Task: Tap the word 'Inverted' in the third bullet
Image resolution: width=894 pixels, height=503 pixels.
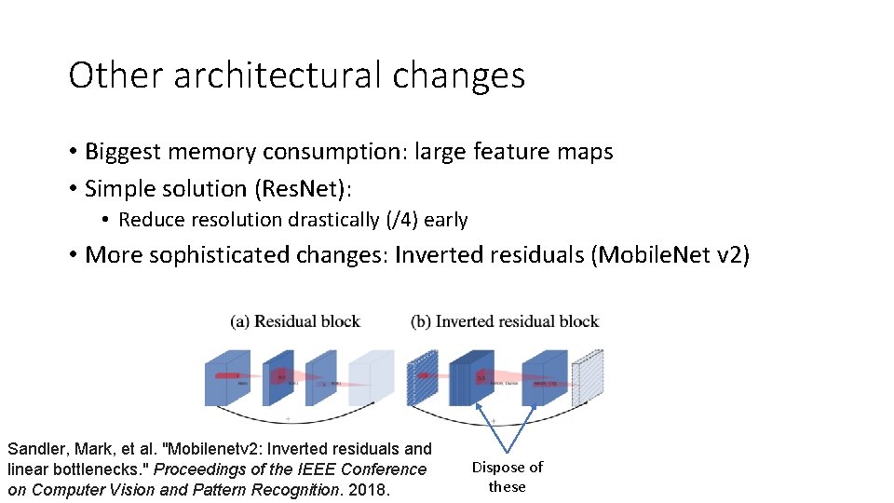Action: (439, 255)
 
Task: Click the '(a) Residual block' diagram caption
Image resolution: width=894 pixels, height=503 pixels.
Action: (295, 321)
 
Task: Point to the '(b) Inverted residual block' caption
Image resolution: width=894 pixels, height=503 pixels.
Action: (505, 321)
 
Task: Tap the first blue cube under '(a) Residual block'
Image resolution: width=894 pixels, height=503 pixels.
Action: (229, 377)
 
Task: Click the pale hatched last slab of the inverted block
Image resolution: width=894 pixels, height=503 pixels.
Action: (589, 377)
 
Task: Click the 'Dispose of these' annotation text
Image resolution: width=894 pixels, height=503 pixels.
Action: (508, 477)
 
